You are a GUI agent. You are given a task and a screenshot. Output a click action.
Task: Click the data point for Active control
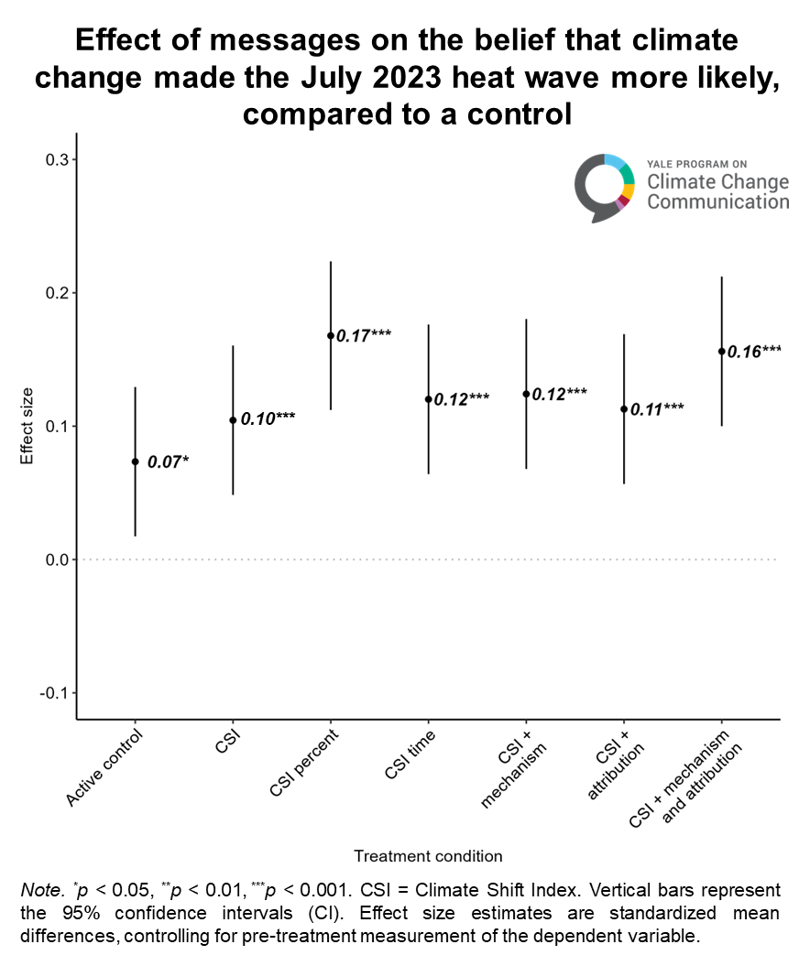[x=136, y=461]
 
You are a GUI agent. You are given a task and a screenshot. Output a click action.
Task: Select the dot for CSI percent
[x=331, y=336]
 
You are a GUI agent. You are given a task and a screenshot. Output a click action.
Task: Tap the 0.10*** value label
[x=268, y=418]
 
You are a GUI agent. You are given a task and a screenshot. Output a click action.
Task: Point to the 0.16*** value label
[x=754, y=351]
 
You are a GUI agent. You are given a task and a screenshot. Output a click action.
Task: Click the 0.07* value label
[x=168, y=461]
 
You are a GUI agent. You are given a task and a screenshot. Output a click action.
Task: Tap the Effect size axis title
[x=27, y=426]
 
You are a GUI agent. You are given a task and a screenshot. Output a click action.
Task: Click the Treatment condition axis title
[x=428, y=856]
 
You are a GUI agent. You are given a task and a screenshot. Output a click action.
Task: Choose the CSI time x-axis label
[x=410, y=756]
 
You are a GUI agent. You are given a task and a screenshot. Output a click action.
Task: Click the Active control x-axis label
[x=105, y=768]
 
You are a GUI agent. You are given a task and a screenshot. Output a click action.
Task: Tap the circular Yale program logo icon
[x=605, y=186]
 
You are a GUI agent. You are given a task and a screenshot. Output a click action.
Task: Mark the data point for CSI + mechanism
[x=526, y=394]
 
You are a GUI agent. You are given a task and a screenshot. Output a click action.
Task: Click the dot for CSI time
[x=428, y=399]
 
